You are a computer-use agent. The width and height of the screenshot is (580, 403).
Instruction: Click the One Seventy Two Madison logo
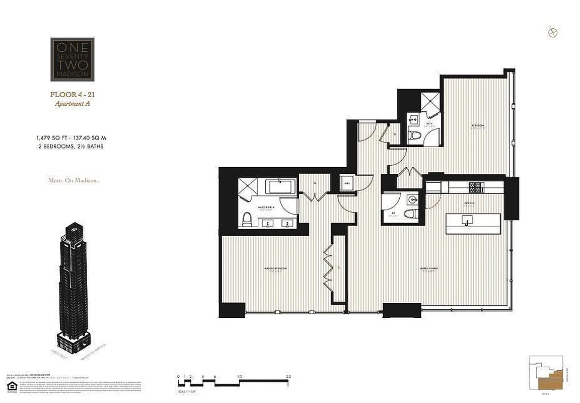72,59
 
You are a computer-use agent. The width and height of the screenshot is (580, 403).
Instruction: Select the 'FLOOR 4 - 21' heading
72,95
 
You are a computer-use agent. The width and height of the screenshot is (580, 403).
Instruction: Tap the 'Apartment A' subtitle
72,104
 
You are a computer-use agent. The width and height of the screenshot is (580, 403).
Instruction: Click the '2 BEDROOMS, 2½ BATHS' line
71,146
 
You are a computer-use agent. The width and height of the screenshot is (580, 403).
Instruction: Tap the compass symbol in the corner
552,32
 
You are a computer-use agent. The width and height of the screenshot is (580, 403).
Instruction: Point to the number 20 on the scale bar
288,376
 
